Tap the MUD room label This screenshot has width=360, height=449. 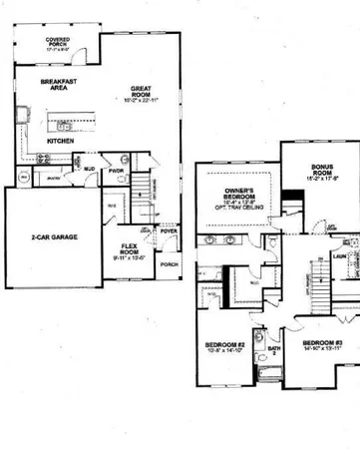pos(89,171)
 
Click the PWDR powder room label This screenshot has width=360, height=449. pos(117,169)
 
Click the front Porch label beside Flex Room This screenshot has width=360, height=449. pos(170,264)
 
